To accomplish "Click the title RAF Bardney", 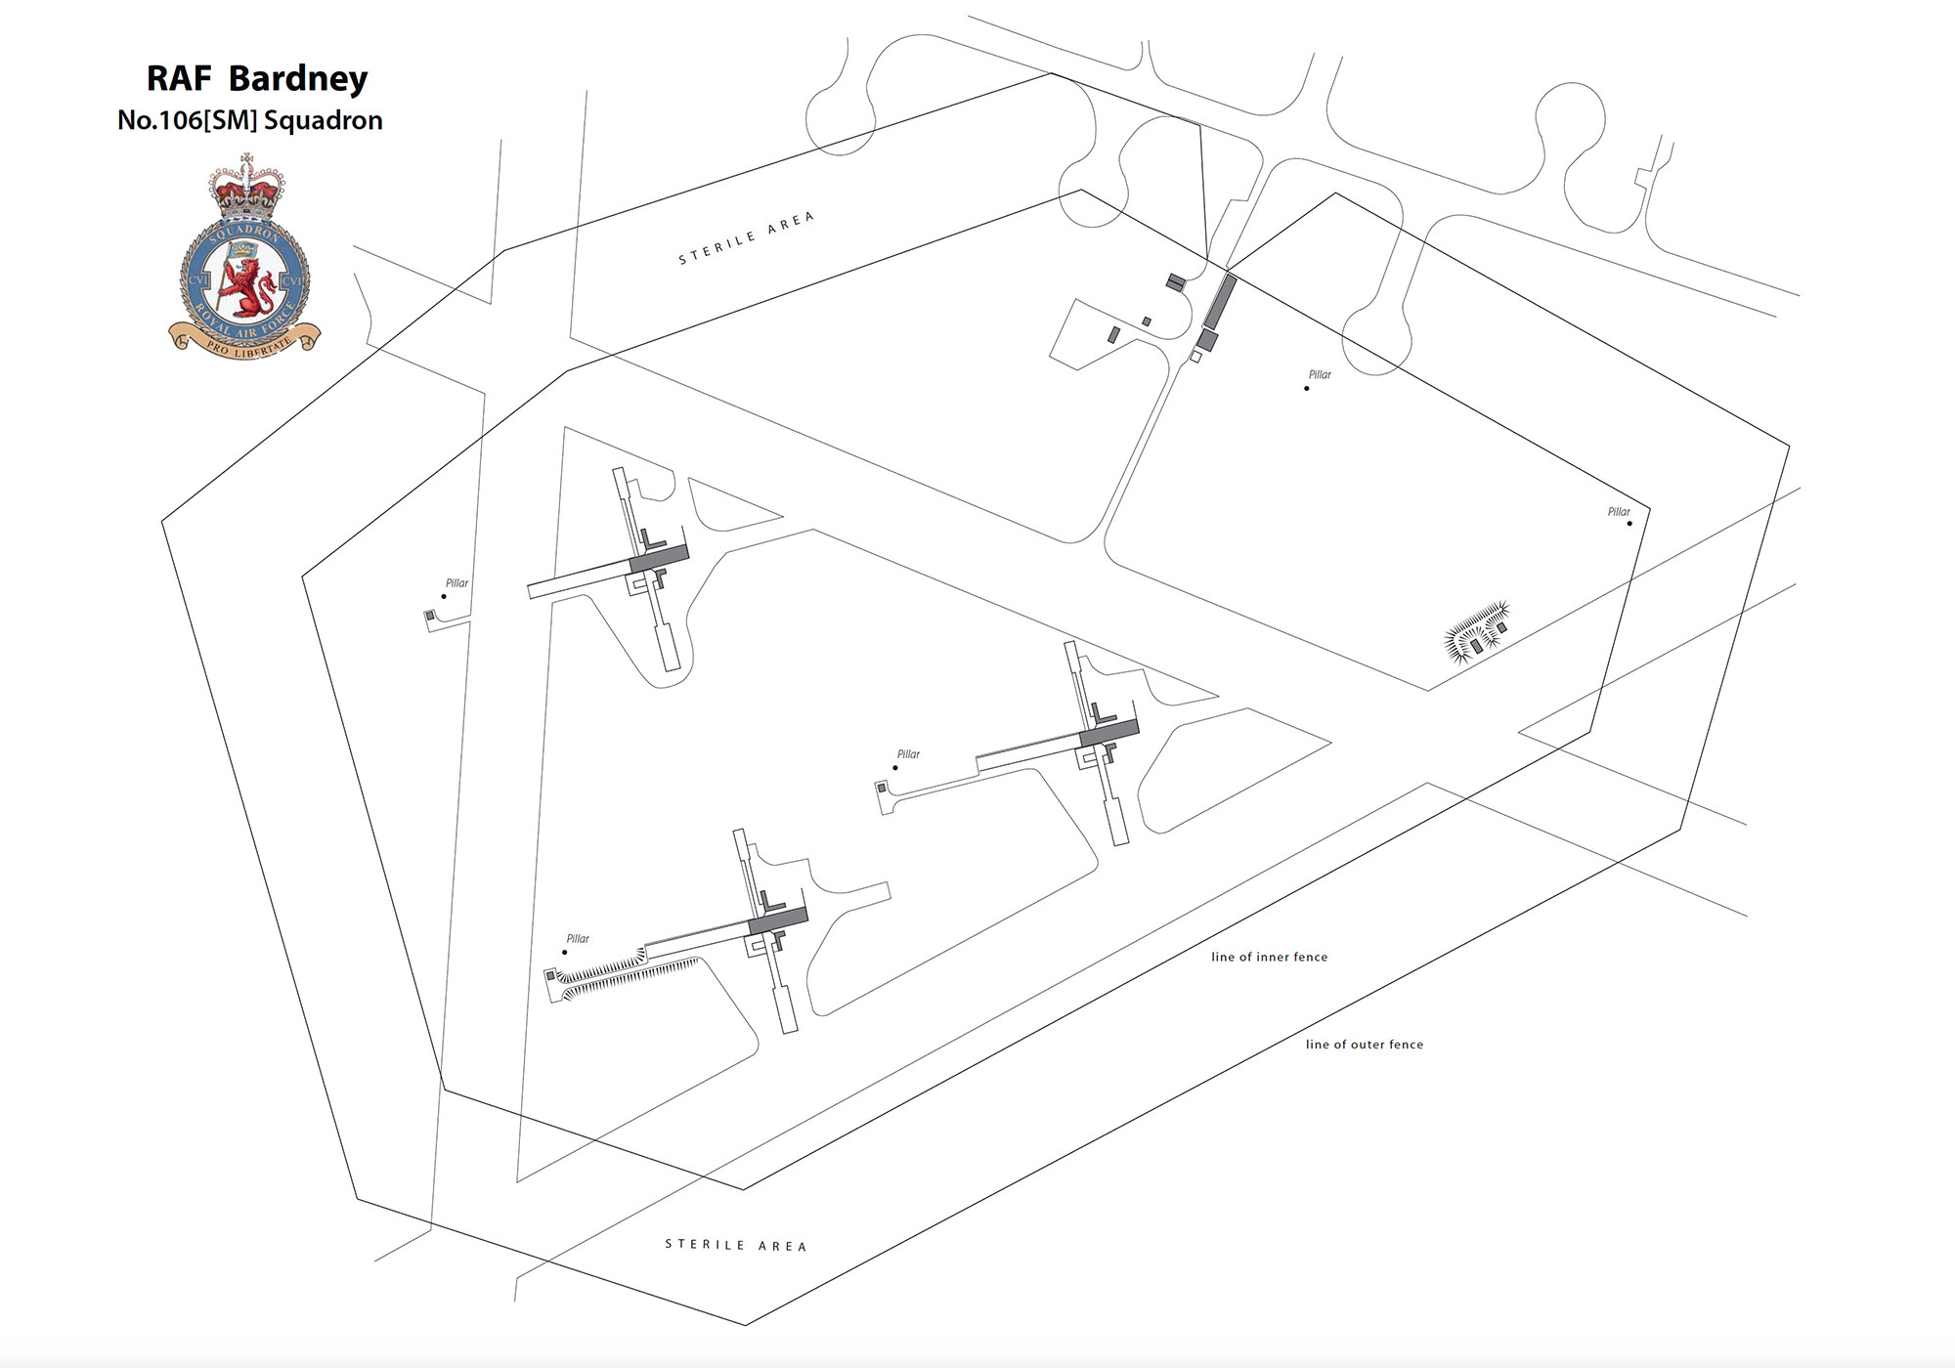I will pos(257,78).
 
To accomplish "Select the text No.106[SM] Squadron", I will pos(249,120).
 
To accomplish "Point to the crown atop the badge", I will pos(246,189).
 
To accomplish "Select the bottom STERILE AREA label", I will pos(736,1245).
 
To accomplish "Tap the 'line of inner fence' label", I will pos(1269,958).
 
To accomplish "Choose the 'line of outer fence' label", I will pos(1364,1045).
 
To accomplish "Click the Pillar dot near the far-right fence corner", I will pos(1629,524).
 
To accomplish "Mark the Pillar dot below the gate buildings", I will pos(1307,389).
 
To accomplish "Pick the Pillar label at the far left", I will pos(456,583).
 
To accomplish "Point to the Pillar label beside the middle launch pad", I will pos(908,754).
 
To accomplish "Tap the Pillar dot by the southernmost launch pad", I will pos(565,952).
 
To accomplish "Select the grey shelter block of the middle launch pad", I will pos(1108,733).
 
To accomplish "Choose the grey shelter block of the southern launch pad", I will pos(777,920).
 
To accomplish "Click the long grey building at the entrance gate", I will pos(1220,302).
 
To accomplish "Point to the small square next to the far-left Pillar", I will pos(429,616).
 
